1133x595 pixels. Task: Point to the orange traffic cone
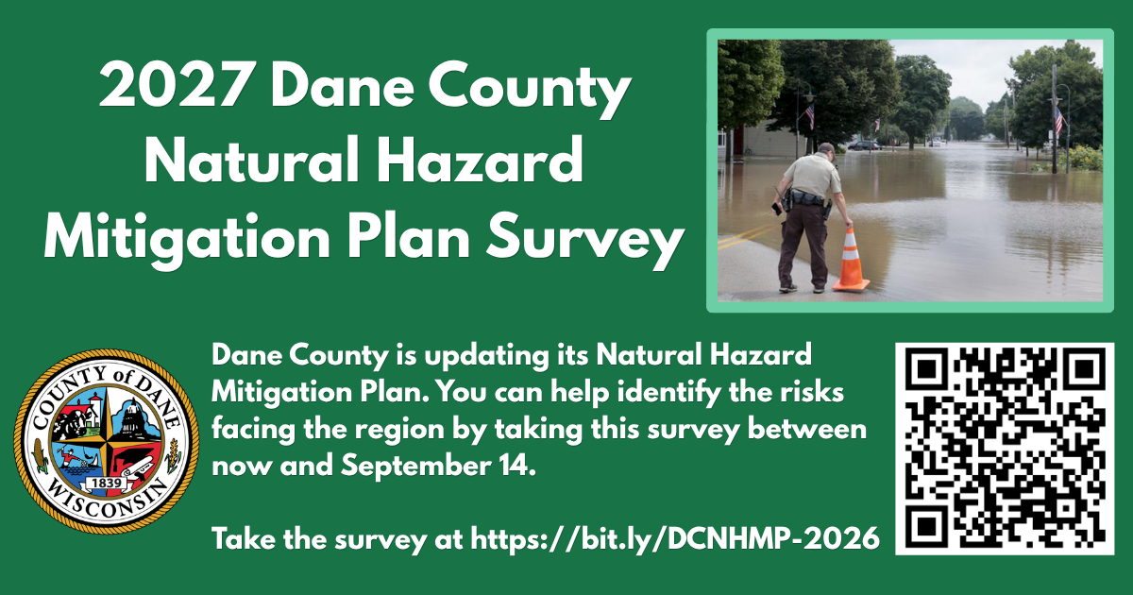[x=851, y=259]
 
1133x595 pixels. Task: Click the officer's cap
[x=826, y=147]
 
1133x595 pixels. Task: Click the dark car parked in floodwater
[x=864, y=145]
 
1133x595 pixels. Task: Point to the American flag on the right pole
[x=1059, y=121]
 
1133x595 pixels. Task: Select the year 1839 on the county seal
[x=106, y=484]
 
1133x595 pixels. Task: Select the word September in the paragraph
[x=413, y=467]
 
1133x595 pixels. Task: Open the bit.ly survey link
[x=675, y=539]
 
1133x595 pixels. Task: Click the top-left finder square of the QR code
[x=926, y=369]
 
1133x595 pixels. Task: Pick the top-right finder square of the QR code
[x=1085, y=369]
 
